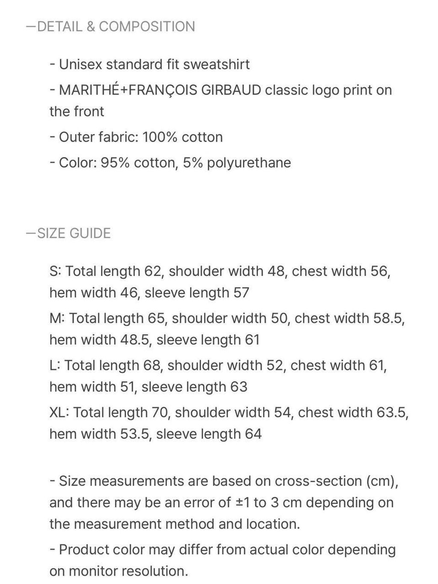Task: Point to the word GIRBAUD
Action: coord(231,90)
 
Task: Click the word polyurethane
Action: coord(249,163)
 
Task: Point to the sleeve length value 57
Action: coord(241,293)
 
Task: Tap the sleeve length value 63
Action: coord(239,387)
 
